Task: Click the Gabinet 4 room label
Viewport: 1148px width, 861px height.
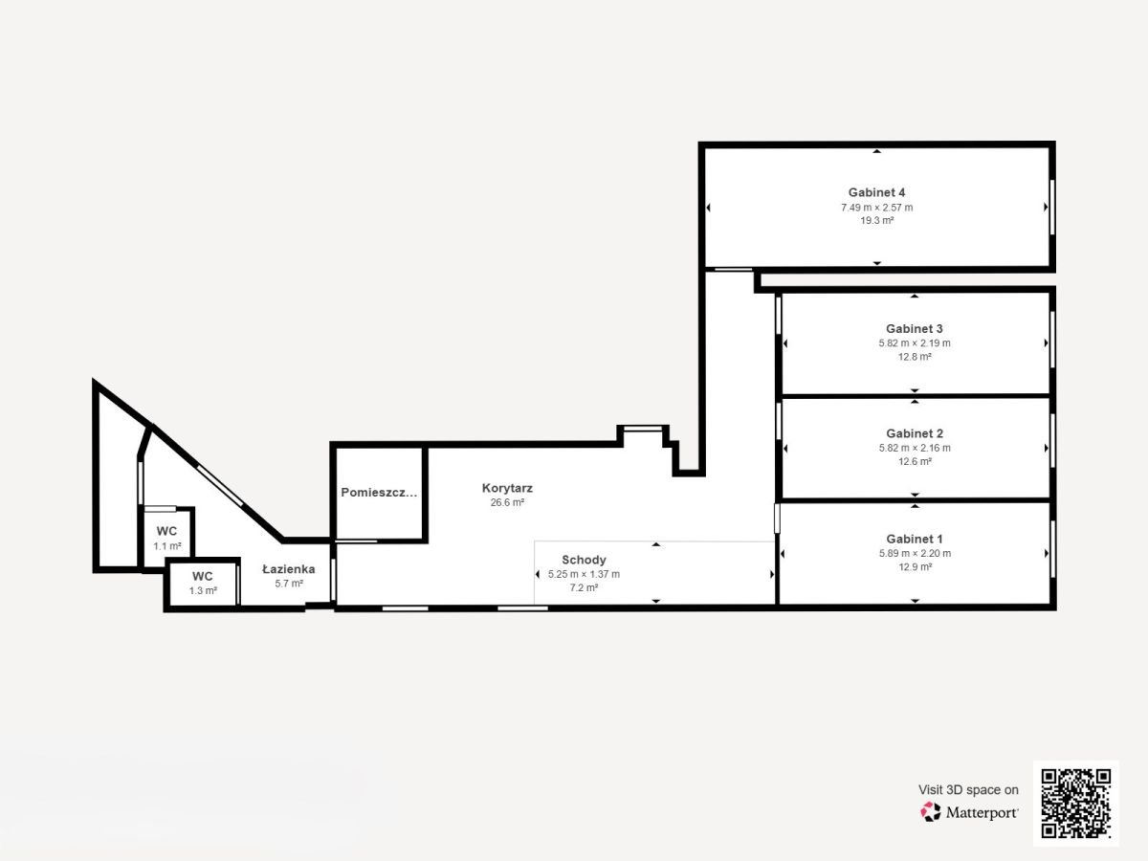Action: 876,192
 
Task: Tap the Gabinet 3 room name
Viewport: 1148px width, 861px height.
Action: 915,329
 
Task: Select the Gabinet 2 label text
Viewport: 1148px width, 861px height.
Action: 915,433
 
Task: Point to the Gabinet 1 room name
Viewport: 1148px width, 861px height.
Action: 915,539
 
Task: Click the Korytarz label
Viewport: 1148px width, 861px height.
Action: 507,488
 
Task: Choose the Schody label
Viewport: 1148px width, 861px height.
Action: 584,560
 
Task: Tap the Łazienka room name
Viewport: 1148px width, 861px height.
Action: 288,569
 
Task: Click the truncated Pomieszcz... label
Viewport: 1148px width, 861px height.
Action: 379,493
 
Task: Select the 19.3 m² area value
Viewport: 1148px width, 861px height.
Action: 876,221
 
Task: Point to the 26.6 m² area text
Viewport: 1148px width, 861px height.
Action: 507,502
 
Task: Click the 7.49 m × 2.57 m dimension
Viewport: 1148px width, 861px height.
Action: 876,208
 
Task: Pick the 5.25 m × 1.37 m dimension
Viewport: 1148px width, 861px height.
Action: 584,574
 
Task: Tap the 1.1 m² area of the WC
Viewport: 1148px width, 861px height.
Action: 166,546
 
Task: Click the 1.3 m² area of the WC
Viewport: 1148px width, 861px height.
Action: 203,590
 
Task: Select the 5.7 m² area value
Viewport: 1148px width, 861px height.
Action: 289,584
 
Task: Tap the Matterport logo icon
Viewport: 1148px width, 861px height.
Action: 931,812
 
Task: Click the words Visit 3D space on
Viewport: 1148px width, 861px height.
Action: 968,790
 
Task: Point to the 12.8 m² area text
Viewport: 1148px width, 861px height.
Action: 915,357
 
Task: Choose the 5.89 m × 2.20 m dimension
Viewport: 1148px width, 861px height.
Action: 915,553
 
